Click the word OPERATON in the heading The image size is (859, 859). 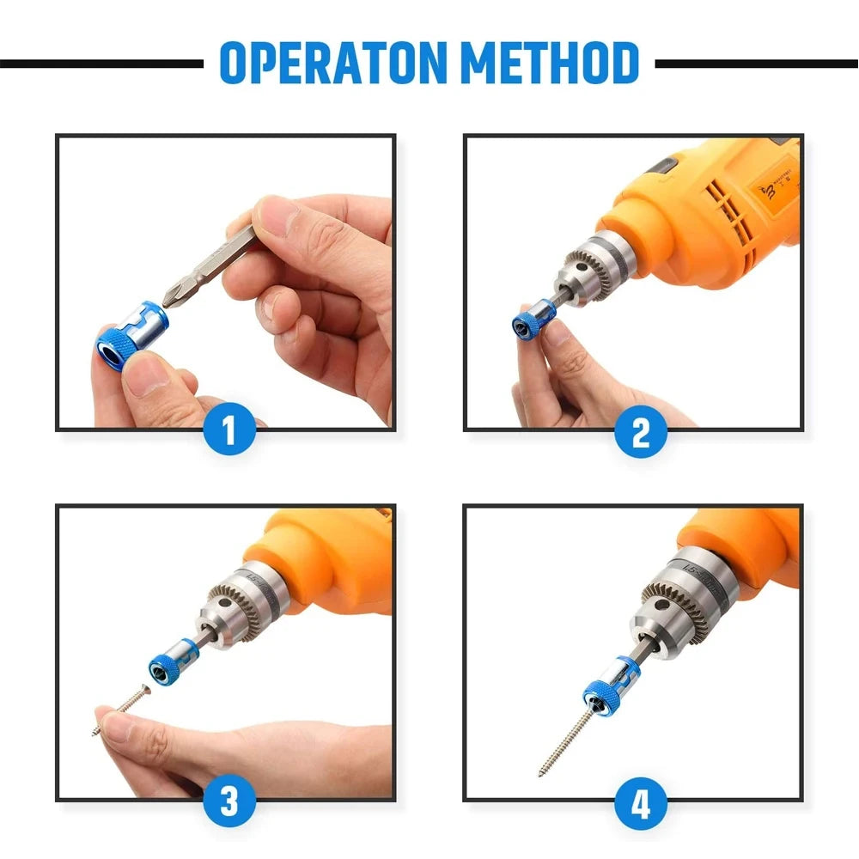334,63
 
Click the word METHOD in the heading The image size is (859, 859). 549,63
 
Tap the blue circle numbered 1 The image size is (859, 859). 229,431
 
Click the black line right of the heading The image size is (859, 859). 756,64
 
